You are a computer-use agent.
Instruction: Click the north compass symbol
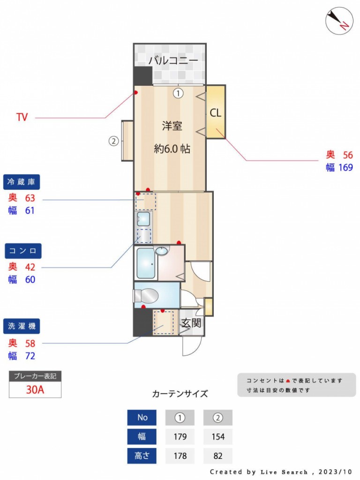pyautogui.click(x=339, y=21)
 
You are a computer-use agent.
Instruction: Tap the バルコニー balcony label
pyautogui.click(x=173, y=60)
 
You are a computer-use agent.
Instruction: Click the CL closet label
pyautogui.click(x=215, y=112)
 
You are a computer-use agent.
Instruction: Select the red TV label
pyautogui.click(x=22, y=117)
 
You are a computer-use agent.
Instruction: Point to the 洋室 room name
pyautogui.click(x=172, y=126)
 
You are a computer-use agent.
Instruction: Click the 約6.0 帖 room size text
pyautogui.click(x=172, y=149)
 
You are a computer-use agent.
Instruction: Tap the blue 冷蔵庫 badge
pyautogui.click(x=22, y=182)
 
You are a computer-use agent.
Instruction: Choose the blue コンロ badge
pyautogui.click(x=23, y=251)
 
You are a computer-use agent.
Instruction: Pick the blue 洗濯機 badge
pyautogui.click(x=22, y=326)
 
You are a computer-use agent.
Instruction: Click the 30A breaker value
pyautogui.click(x=35, y=390)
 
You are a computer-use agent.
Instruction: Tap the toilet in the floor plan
pyautogui.click(x=146, y=296)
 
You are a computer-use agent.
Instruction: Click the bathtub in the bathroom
pyautogui.click(x=145, y=263)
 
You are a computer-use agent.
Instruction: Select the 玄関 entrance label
pyautogui.click(x=191, y=323)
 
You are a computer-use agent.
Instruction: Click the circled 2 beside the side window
pyautogui.click(x=113, y=141)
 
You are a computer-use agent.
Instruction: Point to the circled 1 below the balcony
pyautogui.click(x=178, y=93)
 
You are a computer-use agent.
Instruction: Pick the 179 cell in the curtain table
pyautogui.click(x=180, y=436)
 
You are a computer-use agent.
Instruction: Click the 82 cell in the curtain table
pyautogui.click(x=218, y=456)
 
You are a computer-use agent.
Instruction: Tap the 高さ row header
pyautogui.click(x=142, y=456)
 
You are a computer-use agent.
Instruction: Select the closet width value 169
pyautogui.click(x=345, y=167)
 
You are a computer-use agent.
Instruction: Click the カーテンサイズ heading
pyautogui.click(x=180, y=394)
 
